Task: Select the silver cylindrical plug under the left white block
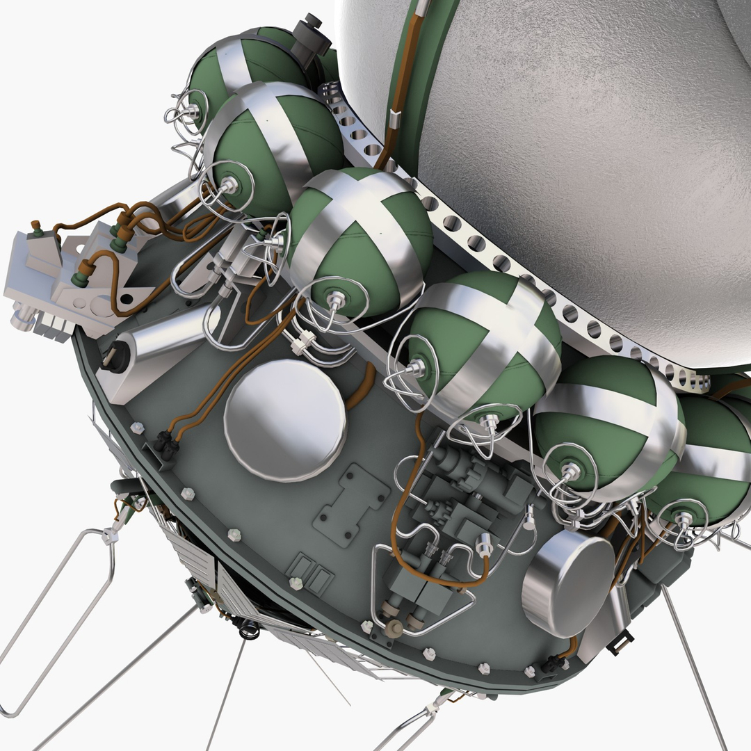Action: [x=22, y=319]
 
